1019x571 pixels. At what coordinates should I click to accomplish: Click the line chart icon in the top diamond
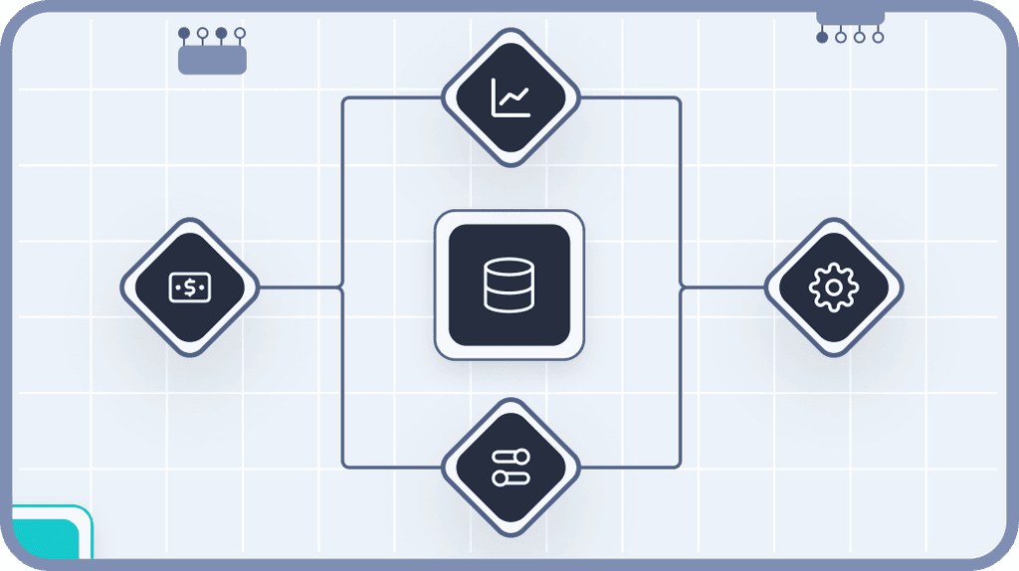[x=510, y=97]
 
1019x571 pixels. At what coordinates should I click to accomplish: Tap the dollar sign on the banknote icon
[x=189, y=287]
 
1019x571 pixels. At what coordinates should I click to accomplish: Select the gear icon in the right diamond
[x=833, y=287]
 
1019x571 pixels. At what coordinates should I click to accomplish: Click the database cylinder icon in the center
[x=509, y=285]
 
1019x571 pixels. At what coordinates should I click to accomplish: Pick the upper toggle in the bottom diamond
[x=510, y=458]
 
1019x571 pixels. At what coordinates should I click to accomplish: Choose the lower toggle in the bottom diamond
[x=510, y=478]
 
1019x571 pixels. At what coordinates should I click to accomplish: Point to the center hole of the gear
[x=833, y=287]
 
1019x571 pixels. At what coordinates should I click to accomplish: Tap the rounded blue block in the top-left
[x=212, y=61]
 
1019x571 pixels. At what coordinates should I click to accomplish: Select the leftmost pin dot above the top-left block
[x=184, y=33]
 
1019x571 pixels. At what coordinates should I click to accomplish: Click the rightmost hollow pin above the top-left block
[x=240, y=33]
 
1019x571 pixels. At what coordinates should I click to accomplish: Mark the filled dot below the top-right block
[x=822, y=38]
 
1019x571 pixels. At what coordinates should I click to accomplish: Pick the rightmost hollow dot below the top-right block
[x=878, y=38]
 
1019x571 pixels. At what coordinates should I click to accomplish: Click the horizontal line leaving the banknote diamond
[x=299, y=287]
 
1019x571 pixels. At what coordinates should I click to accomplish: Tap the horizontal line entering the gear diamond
[x=723, y=287]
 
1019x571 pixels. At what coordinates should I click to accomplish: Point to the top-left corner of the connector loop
[x=344, y=99]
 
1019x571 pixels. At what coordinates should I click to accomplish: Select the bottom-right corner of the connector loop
[x=679, y=466]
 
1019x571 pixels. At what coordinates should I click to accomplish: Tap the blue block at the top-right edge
[x=850, y=16]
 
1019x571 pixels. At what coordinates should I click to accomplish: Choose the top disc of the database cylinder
[x=509, y=268]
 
